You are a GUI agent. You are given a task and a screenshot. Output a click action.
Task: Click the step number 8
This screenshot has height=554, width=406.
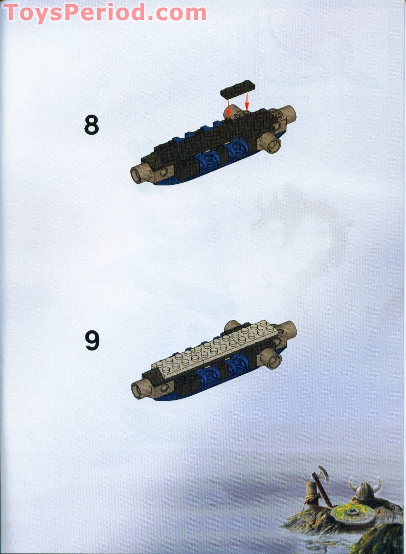(91, 125)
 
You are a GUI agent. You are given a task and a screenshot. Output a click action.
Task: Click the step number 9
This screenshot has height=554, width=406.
(92, 342)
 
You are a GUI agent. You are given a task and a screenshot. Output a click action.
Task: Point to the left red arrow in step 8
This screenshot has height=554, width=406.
(229, 108)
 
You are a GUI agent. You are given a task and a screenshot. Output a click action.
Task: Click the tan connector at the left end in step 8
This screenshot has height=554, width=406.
(138, 174)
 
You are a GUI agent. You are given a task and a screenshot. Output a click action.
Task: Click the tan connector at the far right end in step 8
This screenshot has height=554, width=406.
(288, 113)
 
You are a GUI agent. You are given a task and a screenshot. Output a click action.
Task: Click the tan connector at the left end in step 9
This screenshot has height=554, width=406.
(138, 391)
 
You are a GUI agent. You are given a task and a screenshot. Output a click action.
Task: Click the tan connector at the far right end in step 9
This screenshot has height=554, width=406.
(288, 329)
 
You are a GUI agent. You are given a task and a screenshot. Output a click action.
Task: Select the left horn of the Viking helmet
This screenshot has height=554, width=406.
(352, 483)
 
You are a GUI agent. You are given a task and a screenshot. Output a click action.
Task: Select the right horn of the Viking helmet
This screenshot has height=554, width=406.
(378, 483)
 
